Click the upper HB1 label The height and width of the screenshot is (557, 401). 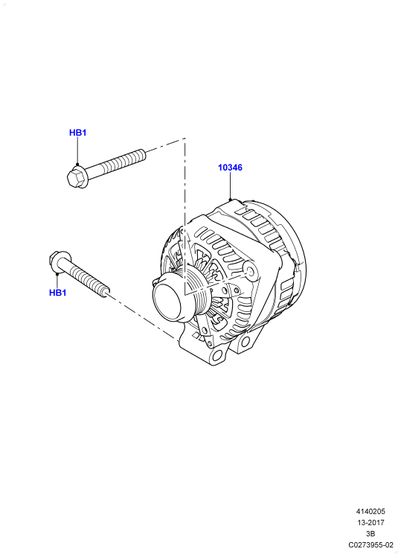[77, 133]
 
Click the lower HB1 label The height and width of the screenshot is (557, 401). [58, 293]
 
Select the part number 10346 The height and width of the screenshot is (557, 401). [230, 168]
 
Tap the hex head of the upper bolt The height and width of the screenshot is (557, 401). [77, 177]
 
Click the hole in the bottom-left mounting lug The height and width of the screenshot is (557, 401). [216, 355]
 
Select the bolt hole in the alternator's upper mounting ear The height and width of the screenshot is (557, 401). [251, 271]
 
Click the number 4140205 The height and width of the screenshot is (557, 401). [370, 512]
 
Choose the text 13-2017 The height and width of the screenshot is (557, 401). [370, 523]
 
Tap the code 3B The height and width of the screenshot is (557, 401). [370, 534]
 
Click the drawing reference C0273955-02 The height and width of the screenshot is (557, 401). [370, 544]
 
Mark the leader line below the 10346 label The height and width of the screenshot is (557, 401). [230, 186]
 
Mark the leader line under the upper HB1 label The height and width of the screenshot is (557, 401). [77, 151]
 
